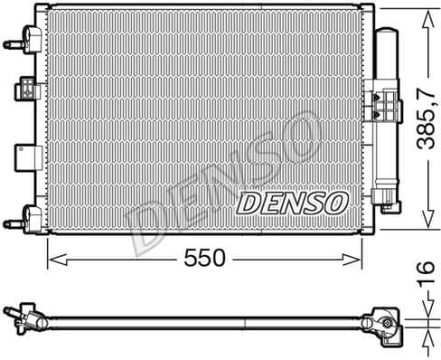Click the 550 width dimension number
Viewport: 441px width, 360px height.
(204, 259)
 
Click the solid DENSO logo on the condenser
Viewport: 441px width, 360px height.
(290, 203)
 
